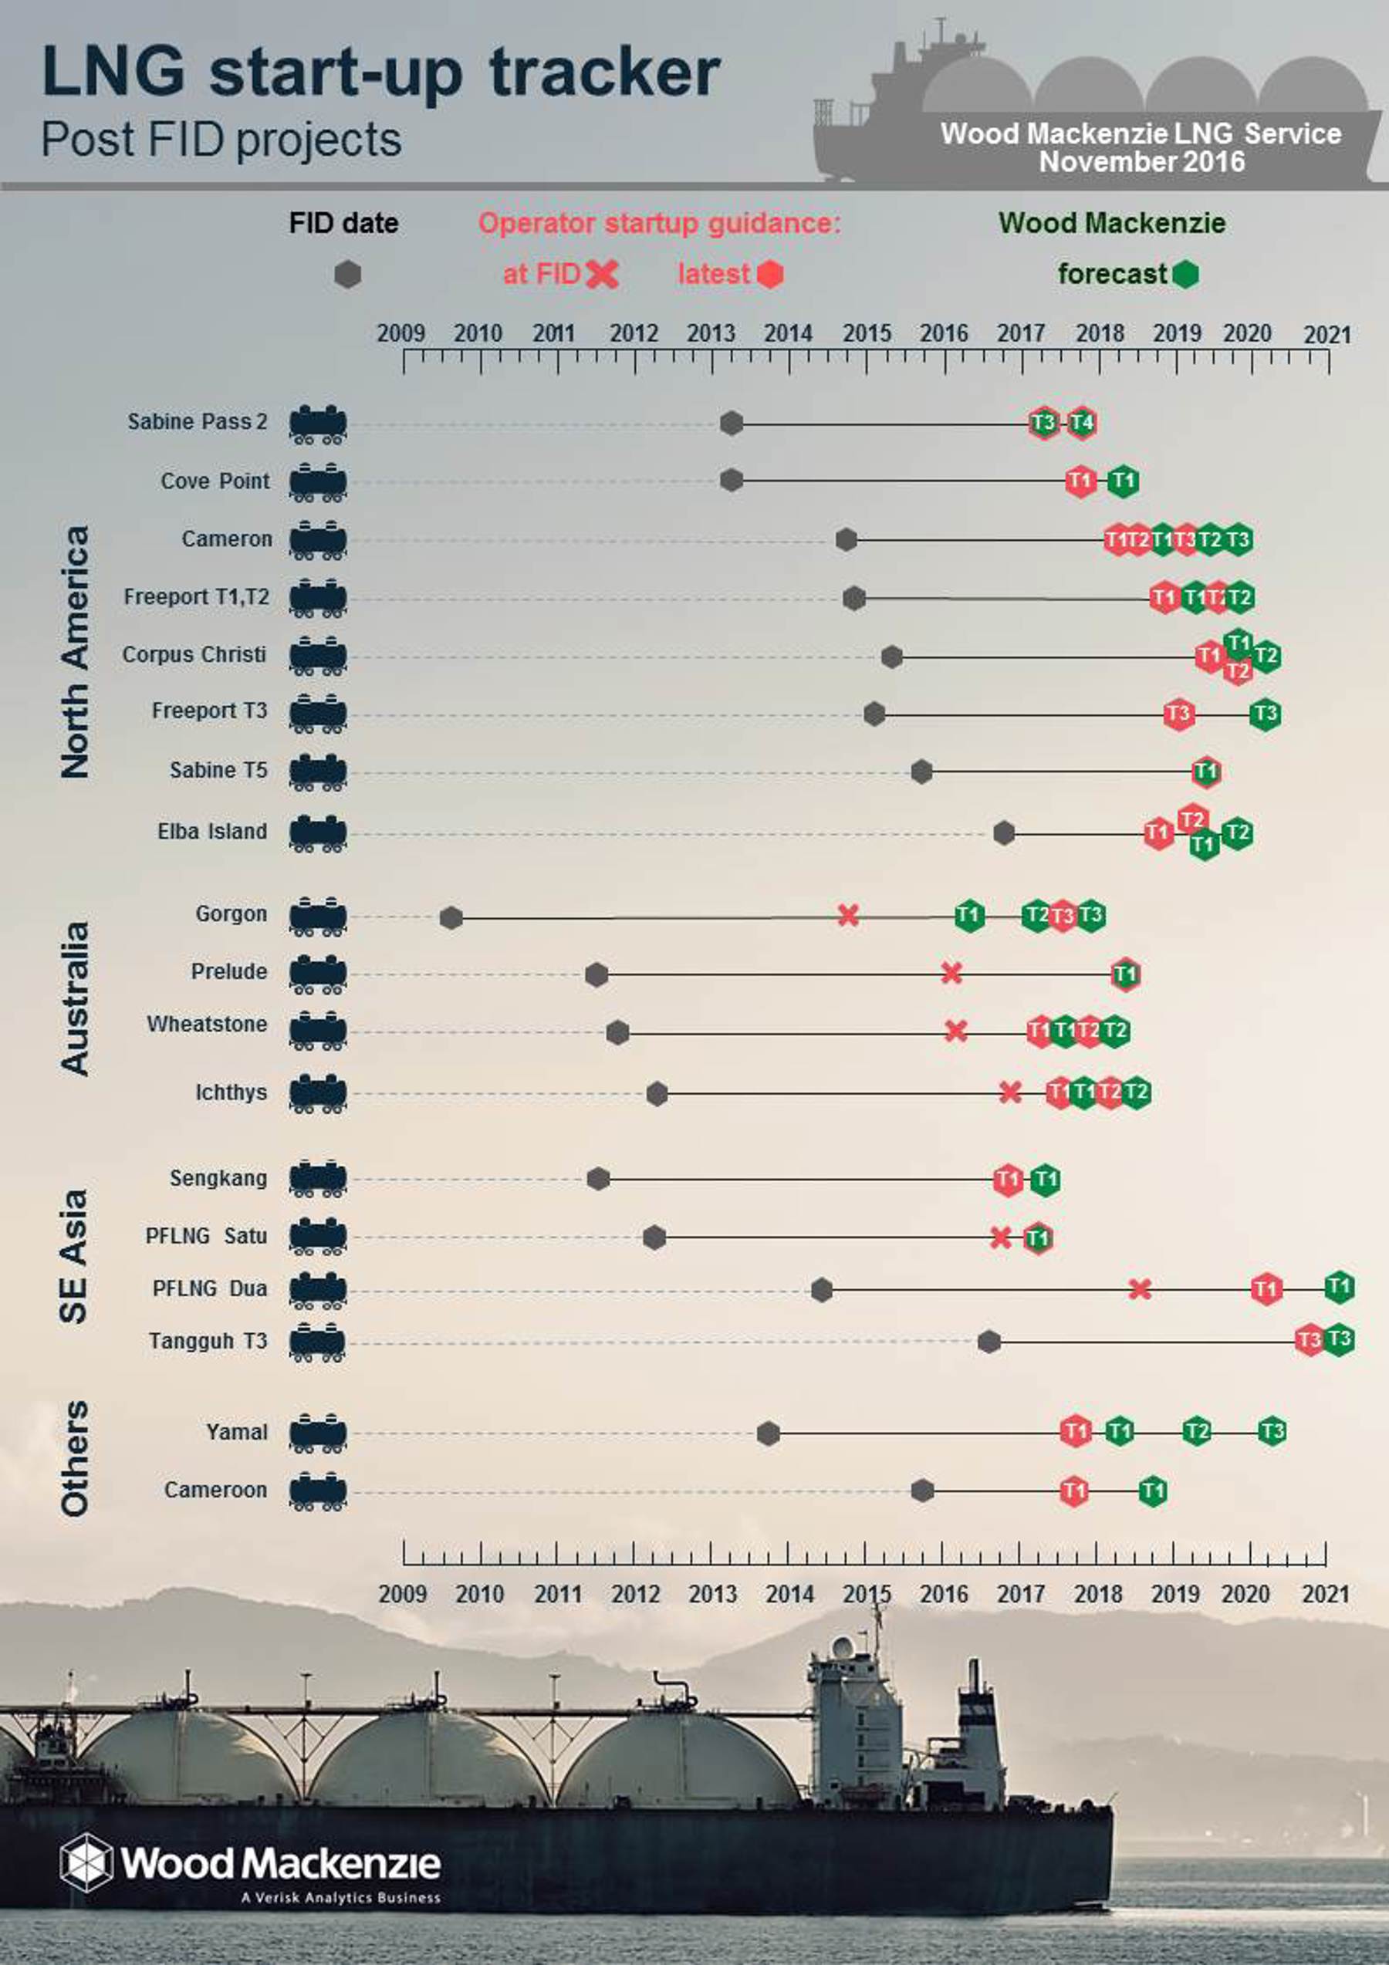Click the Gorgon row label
(231, 914)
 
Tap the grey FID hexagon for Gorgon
(451, 918)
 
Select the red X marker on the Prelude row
(951, 973)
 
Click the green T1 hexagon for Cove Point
(1123, 481)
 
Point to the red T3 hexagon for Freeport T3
(1178, 714)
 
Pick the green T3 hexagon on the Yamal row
(1272, 1431)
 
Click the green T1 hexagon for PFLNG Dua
(1340, 1286)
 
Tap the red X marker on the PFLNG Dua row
(1139, 1289)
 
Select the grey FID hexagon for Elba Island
(1004, 832)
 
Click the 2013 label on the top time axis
(711, 334)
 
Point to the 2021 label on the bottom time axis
(1326, 1595)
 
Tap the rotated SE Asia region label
(73, 1256)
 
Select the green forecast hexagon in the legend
(1185, 275)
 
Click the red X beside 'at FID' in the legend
(603, 275)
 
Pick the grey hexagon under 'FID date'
(347, 275)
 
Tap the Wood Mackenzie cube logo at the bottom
(86, 1862)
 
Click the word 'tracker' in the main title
(604, 72)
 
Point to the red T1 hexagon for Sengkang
(1008, 1180)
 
